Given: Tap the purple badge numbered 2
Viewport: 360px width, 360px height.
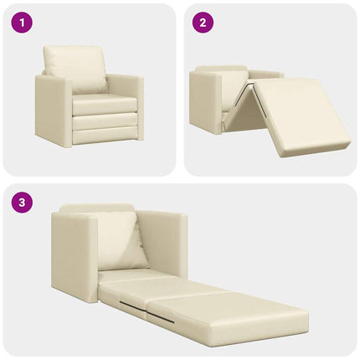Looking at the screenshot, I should (201, 23).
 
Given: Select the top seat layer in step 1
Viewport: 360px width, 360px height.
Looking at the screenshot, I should (104, 105).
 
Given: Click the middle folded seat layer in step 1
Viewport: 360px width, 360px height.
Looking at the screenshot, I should (104, 121).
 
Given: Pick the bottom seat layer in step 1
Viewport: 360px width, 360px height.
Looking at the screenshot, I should (104, 135).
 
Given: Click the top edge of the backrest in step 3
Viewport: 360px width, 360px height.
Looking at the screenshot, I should (96, 208).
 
